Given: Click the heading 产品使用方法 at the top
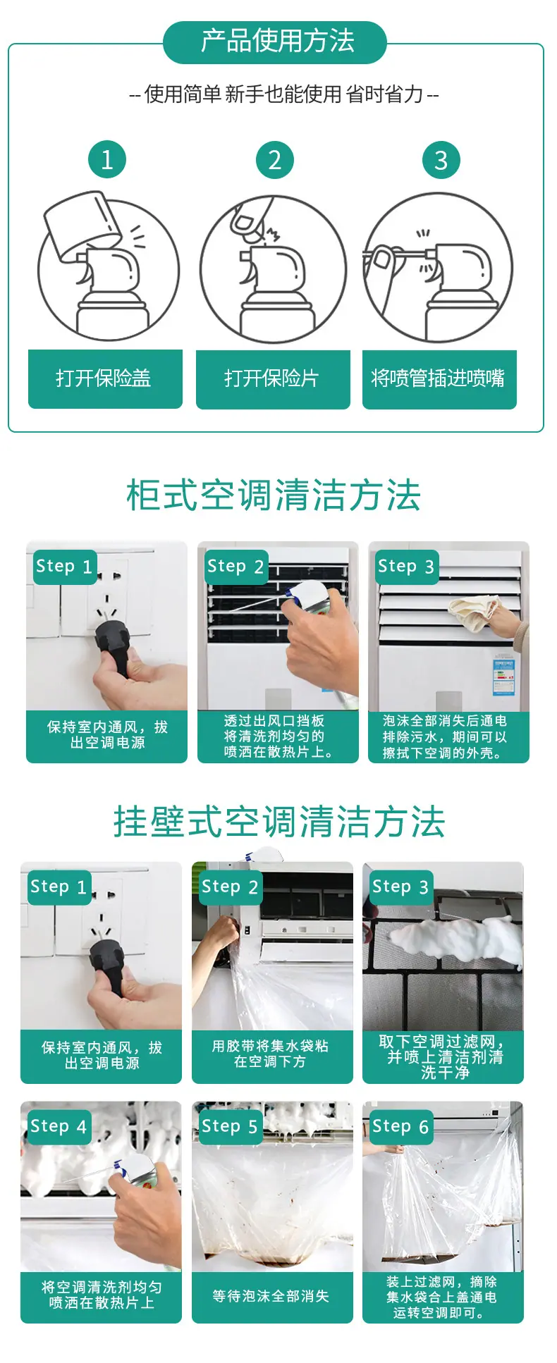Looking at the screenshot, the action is (x=277, y=42).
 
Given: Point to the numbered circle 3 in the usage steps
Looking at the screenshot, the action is (x=441, y=160).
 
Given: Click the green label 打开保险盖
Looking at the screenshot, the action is (x=105, y=378).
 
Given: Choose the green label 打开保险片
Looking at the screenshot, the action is (x=273, y=379).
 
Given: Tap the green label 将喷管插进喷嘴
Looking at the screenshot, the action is (x=439, y=379).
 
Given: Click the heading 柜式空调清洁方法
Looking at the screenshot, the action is (x=274, y=495).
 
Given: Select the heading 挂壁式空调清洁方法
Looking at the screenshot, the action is (x=279, y=822).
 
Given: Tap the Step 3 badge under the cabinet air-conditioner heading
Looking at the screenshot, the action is (x=407, y=567).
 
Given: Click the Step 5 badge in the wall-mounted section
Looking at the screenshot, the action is (x=231, y=1126).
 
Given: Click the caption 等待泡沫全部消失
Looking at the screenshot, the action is (x=271, y=1296).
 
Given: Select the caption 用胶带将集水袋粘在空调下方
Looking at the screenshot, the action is (x=271, y=1054).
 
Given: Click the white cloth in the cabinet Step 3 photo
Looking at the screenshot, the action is (x=474, y=611).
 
